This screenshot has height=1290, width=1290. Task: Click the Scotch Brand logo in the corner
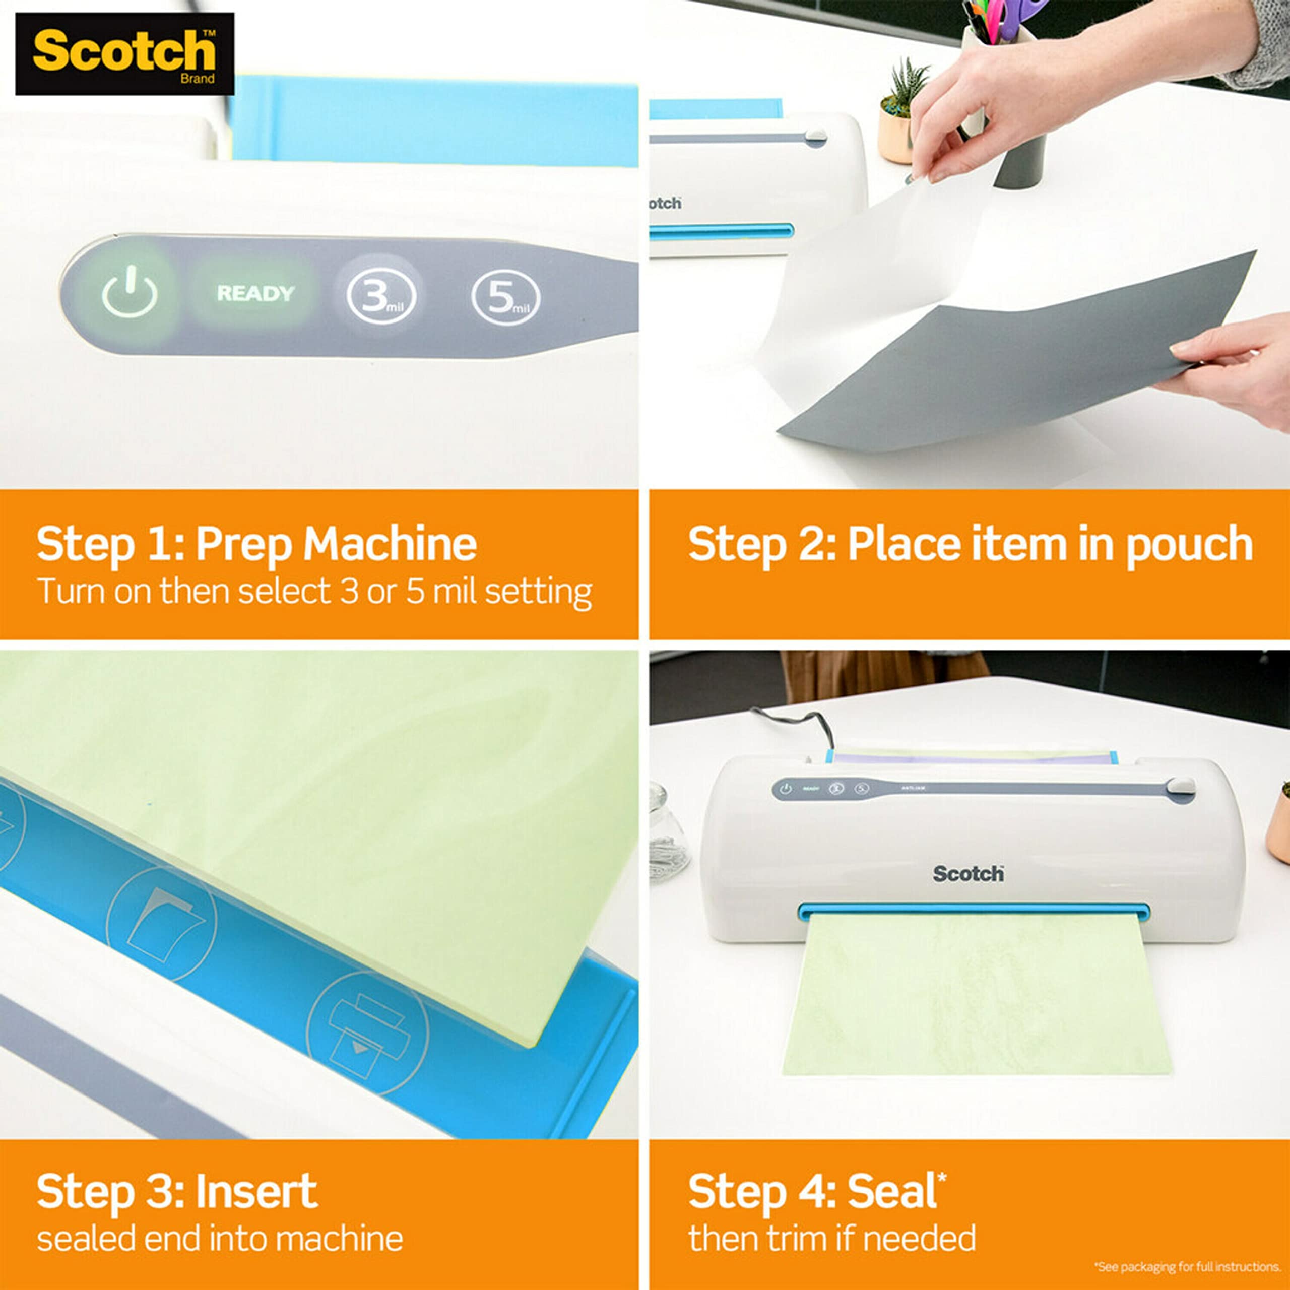click(125, 53)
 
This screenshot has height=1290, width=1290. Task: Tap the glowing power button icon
click(130, 292)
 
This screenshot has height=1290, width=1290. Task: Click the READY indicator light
click(255, 293)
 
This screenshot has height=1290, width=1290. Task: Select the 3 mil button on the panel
click(380, 296)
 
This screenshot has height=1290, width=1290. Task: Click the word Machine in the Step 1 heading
click(390, 544)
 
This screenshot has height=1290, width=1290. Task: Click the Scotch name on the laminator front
click(967, 873)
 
